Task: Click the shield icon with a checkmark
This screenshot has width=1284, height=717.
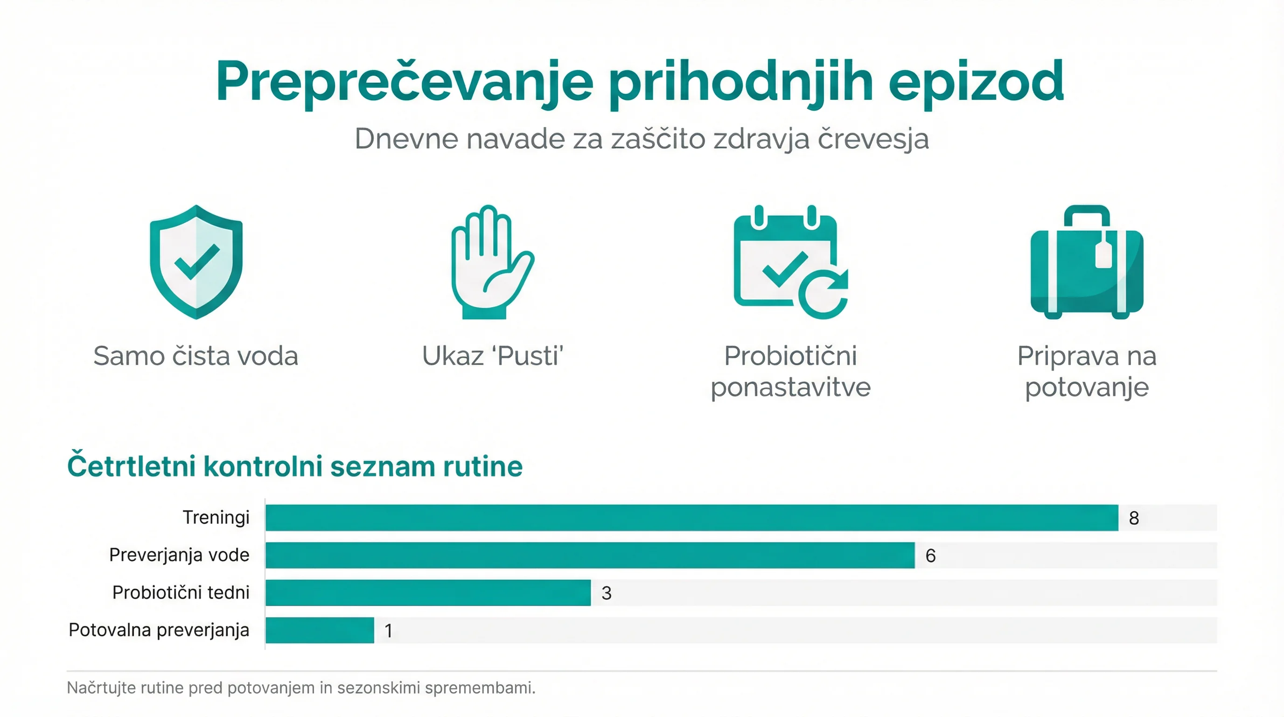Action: point(196,262)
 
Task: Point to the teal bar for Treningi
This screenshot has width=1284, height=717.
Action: point(691,518)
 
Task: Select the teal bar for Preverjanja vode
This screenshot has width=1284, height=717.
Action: point(590,555)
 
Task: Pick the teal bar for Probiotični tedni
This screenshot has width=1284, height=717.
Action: point(428,592)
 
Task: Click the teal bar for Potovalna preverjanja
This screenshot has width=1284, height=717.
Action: point(320,630)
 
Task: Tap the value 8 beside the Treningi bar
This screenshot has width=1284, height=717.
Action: point(1134,518)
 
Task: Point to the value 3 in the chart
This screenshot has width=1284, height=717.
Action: point(606,593)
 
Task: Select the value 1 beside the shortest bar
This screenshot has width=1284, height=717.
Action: point(388,631)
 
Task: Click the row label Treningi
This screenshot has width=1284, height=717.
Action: point(216,518)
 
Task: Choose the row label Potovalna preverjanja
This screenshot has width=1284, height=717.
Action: point(159,630)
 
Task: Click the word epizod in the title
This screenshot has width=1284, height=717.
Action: point(976,82)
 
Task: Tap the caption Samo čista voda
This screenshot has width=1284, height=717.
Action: point(196,356)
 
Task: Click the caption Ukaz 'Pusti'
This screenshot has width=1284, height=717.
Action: point(493,356)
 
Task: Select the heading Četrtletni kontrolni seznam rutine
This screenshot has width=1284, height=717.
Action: point(294,466)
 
